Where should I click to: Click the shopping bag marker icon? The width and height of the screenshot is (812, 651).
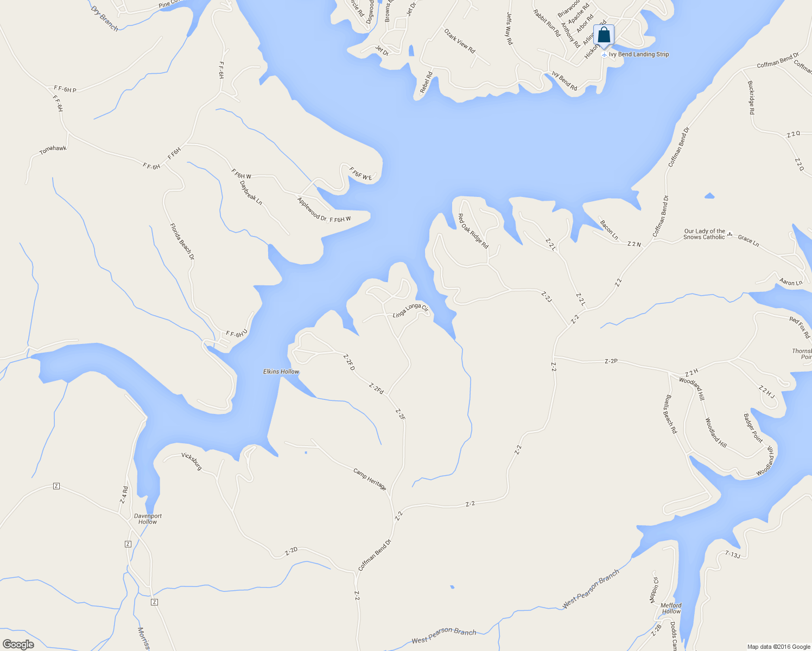[604, 36]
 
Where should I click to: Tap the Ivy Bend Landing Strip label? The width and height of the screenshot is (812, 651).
[638, 54]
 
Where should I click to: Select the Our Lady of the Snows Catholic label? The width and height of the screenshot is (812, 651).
[704, 234]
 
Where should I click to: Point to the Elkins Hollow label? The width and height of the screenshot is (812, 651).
[281, 372]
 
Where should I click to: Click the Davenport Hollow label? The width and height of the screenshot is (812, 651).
[148, 519]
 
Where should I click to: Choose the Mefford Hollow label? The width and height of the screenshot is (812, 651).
[671, 608]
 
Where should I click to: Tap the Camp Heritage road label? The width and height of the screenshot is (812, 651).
[370, 480]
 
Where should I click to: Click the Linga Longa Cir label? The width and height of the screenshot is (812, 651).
[410, 311]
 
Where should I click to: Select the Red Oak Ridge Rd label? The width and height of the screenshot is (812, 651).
[473, 231]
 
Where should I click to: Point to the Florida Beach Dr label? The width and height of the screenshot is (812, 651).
[182, 241]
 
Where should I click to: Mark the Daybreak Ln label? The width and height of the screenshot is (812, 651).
[251, 193]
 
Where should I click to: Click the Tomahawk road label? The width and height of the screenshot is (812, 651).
[53, 149]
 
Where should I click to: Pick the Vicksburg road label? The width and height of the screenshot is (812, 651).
[192, 461]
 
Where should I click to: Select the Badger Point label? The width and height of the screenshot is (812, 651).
[753, 428]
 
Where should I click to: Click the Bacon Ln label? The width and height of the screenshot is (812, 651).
[608, 229]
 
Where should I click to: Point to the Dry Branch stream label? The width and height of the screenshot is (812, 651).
[104, 18]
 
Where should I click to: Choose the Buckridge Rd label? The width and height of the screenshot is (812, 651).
[751, 98]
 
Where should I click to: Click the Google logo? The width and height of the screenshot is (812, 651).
[18, 644]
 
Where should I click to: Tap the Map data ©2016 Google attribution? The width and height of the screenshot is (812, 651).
[778, 647]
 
